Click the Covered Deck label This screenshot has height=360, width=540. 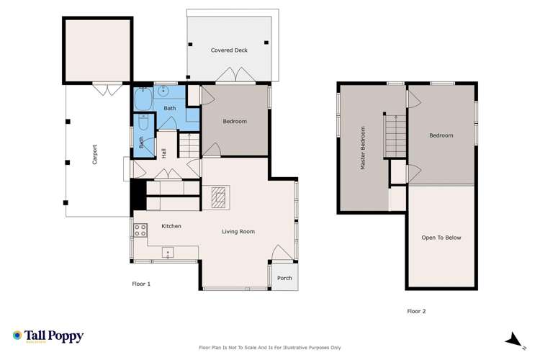click(x=228, y=50)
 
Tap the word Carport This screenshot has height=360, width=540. click(x=94, y=156)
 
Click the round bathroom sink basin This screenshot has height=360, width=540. click(x=164, y=91)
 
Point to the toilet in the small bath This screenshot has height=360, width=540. click(x=143, y=124)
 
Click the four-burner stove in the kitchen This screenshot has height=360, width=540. click(x=139, y=230)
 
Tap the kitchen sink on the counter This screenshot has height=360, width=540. click(x=168, y=251)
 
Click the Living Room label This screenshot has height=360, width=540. click(x=238, y=231)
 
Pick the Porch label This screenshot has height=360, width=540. click(x=284, y=278)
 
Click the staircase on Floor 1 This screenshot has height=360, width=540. click(x=188, y=146)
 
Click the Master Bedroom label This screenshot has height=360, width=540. click(x=363, y=148)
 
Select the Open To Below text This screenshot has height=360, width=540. click(x=441, y=238)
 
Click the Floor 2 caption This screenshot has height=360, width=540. click(x=417, y=311)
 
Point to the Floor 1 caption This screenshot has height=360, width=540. click(x=141, y=284)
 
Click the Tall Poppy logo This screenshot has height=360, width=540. click(x=48, y=336)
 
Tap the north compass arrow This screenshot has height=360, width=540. click(x=514, y=339)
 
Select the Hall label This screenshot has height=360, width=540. click(x=164, y=153)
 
